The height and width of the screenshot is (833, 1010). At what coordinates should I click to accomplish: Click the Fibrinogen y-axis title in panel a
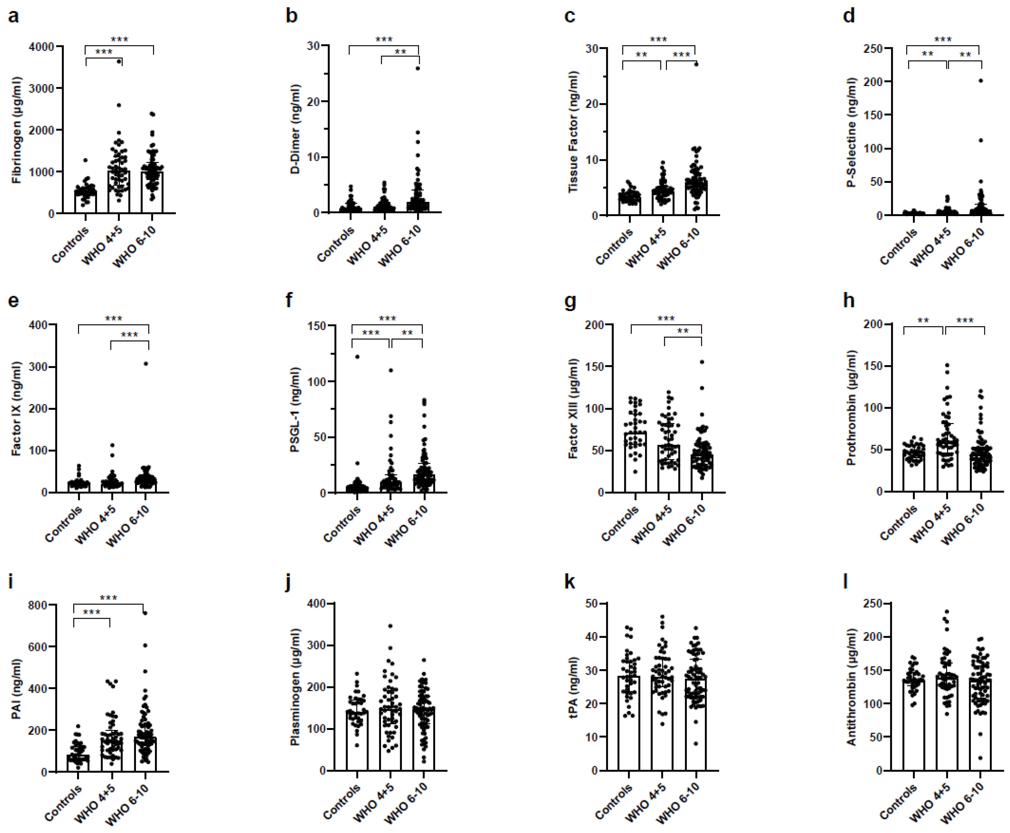(17, 130)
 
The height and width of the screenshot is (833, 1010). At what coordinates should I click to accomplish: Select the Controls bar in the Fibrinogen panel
(86, 201)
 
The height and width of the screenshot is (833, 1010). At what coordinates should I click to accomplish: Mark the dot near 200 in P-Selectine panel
(981, 81)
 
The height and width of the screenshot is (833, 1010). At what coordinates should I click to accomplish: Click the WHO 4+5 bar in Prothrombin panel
(947, 465)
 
